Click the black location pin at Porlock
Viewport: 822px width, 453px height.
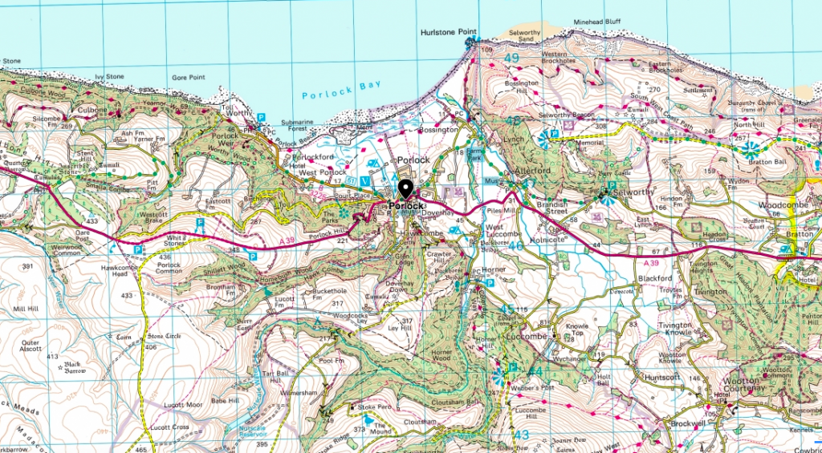point(405,189)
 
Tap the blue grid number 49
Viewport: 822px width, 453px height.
point(512,58)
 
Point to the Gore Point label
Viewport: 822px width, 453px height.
point(189,78)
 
